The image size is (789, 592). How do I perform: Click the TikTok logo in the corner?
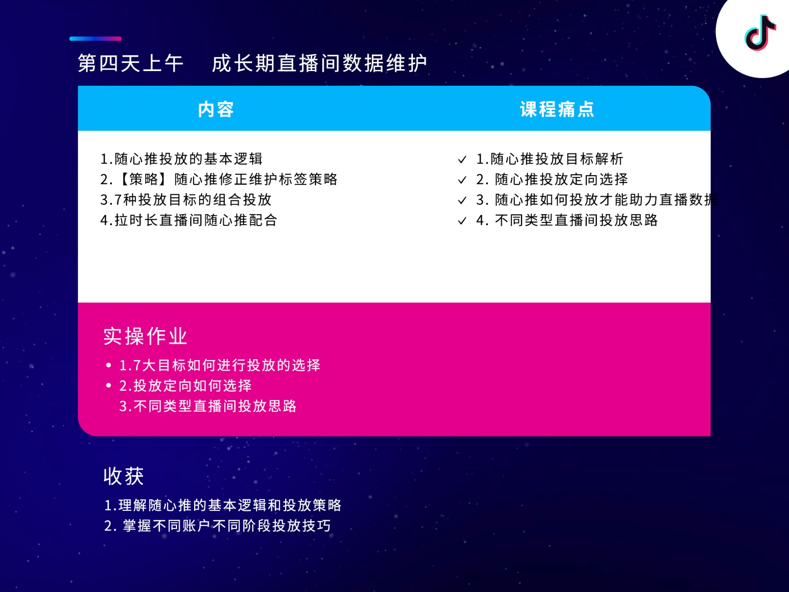pyautogui.click(x=760, y=33)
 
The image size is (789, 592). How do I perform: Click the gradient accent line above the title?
pyautogui.click(x=95, y=38)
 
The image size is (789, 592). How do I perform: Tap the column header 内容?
pyautogui.click(x=216, y=110)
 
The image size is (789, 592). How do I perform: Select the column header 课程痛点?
pyautogui.click(x=557, y=110)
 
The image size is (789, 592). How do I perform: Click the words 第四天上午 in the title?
pyautogui.click(x=131, y=63)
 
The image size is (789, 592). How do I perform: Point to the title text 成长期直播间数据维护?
pyautogui.click(x=319, y=63)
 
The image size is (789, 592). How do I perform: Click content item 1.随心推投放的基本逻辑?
pyautogui.click(x=182, y=159)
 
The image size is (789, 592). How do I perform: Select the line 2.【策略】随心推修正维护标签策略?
pyautogui.click(x=219, y=179)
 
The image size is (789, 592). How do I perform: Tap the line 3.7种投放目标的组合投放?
pyautogui.click(x=186, y=200)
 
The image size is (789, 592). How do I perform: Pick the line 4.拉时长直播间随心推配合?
pyautogui.click(x=189, y=220)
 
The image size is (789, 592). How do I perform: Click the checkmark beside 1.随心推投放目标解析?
pyautogui.click(x=462, y=160)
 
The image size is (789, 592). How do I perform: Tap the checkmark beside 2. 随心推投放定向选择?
pyautogui.click(x=462, y=180)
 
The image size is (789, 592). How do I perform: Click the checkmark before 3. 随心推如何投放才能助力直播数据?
pyautogui.click(x=462, y=201)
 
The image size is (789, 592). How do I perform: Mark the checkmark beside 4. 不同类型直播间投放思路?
pyautogui.click(x=462, y=221)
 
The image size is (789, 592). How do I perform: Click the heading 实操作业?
pyautogui.click(x=145, y=336)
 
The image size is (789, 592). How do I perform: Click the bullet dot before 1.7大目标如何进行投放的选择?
pyautogui.click(x=108, y=366)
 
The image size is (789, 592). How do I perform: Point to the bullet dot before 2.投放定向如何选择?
pyautogui.click(x=108, y=386)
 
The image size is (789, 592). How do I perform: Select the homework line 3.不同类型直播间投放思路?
pyautogui.click(x=208, y=406)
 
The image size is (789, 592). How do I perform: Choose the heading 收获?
pyautogui.click(x=123, y=476)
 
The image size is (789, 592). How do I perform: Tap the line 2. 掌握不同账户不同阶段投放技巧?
pyautogui.click(x=217, y=526)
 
